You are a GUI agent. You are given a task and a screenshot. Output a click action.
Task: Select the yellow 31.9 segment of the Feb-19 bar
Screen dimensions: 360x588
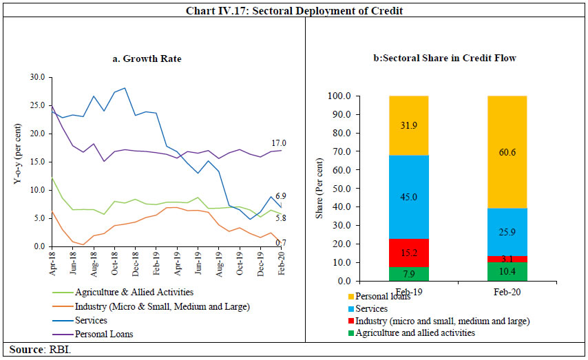coord(409,125)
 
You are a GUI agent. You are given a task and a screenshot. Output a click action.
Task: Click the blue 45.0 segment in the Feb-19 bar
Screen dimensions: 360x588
coord(409,198)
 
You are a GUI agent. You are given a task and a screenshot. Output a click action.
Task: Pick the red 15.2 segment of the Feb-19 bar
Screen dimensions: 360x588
coord(409,252)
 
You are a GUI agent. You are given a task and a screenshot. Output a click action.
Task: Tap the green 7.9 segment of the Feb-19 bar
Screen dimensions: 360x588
coord(409,273)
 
